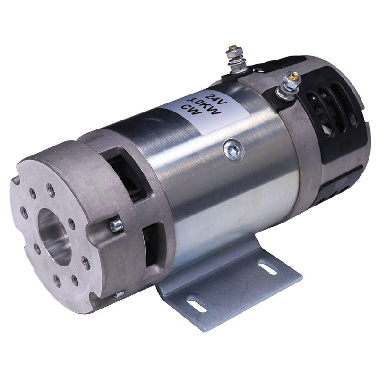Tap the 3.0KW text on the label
[x=201, y=105]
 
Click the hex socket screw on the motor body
[x=234, y=151]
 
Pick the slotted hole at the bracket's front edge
[x=197, y=305]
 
